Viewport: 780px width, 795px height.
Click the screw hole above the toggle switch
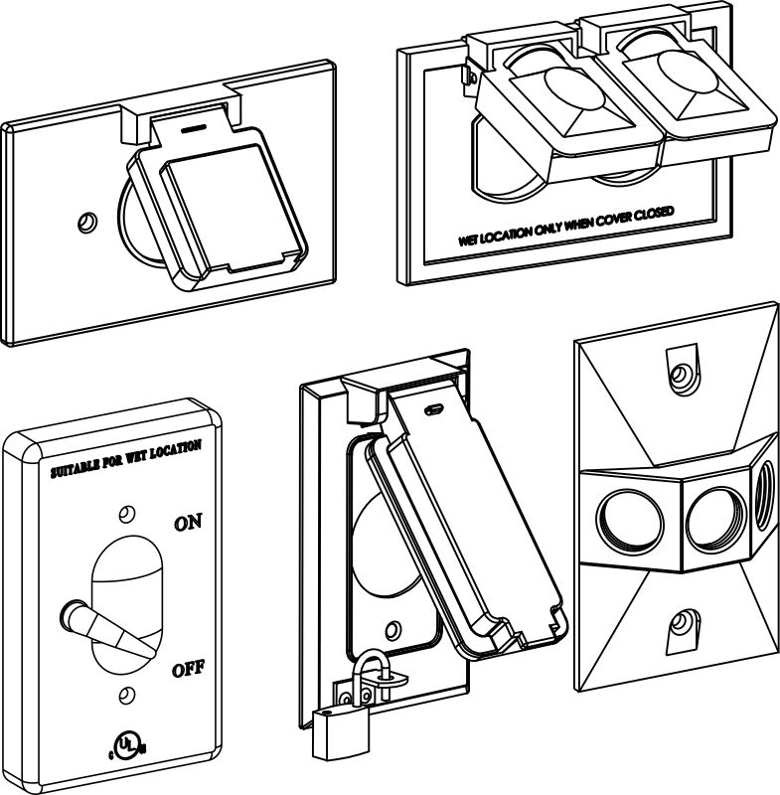125,514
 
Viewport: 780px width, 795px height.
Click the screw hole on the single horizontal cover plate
87,221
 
